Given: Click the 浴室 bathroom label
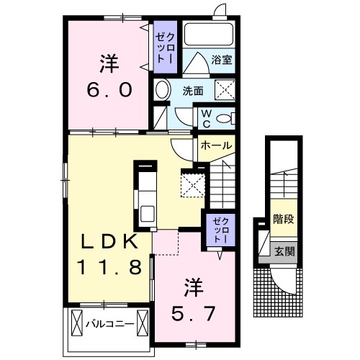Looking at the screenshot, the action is [x=222, y=60].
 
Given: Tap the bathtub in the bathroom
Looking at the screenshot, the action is [x=209, y=34].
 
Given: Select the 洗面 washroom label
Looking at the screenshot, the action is [x=193, y=91].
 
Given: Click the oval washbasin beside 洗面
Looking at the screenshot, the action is [x=162, y=90].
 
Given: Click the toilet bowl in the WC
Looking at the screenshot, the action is [x=225, y=119].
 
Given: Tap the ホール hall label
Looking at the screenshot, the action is [x=216, y=145].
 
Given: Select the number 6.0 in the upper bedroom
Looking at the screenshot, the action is [x=109, y=89].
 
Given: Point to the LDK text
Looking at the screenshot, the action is [x=110, y=241].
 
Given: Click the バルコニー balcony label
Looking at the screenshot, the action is [x=109, y=324].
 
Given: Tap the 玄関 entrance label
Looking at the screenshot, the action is [x=284, y=252].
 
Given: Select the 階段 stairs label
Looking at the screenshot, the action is [x=284, y=219].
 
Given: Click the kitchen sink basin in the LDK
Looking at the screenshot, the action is [x=147, y=214].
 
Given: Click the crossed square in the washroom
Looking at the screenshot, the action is [x=225, y=89].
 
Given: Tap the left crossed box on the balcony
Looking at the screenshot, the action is [x=77, y=323].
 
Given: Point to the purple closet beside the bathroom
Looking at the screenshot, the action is [x=165, y=47].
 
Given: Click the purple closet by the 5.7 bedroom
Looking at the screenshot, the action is [x=220, y=230].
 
